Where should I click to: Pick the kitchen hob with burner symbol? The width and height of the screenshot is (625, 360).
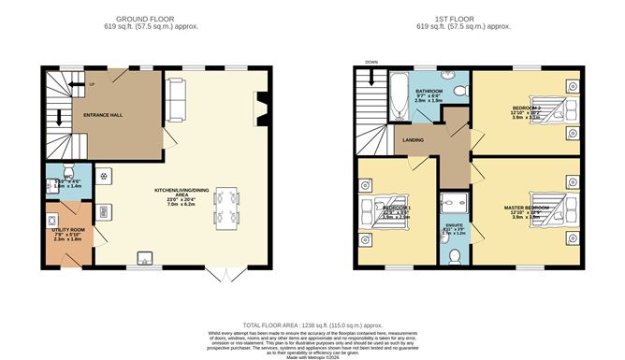pos(104,176)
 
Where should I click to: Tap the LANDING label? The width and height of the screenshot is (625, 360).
pos(414,141)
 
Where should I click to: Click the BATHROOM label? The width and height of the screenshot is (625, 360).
pos(429,92)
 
